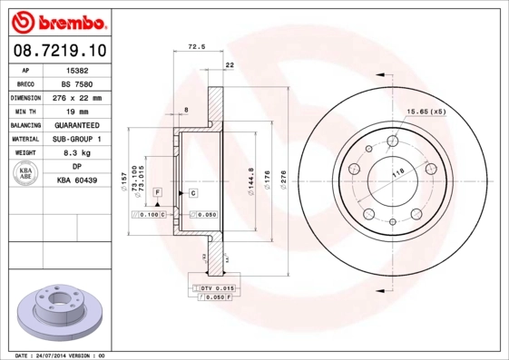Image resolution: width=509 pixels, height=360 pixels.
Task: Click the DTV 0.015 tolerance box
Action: coord(214,287)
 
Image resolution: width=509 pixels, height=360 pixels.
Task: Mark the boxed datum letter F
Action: coord(157,193)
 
